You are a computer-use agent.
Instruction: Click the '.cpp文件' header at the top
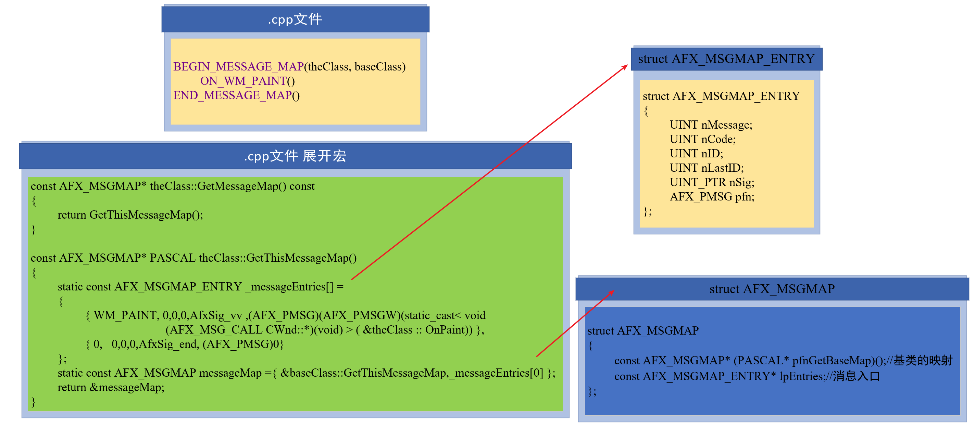pyautogui.click(x=295, y=19)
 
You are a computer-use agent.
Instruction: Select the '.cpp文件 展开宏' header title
pyautogui.click(x=295, y=156)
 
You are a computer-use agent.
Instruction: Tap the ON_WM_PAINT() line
pyautogui.click(x=247, y=81)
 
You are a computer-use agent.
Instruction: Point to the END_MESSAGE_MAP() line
pyautogui.click(x=236, y=95)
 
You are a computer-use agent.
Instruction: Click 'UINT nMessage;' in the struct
pyautogui.click(x=711, y=125)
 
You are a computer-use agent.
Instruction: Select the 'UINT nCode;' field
pyautogui.click(x=702, y=139)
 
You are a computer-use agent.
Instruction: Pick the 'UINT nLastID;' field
pyautogui.click(x=707, y=168)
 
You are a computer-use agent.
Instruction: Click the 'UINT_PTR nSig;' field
pyautogui.click(x=712, y=182)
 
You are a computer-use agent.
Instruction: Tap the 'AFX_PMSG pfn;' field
pyautogui.click(x=712, y=197)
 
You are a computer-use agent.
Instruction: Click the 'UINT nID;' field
pyautogui.click(x=697, y=154)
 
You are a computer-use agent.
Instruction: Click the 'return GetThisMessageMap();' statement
pyautogui.click(x=130, y=215)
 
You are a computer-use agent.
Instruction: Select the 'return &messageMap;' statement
pyautogui.click(x=111, y=387)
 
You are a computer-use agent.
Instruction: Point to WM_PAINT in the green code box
pyautogui.click(x=125, y=315)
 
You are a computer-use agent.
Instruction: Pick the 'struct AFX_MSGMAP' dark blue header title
pyautogui.click(x=772, y=289)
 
